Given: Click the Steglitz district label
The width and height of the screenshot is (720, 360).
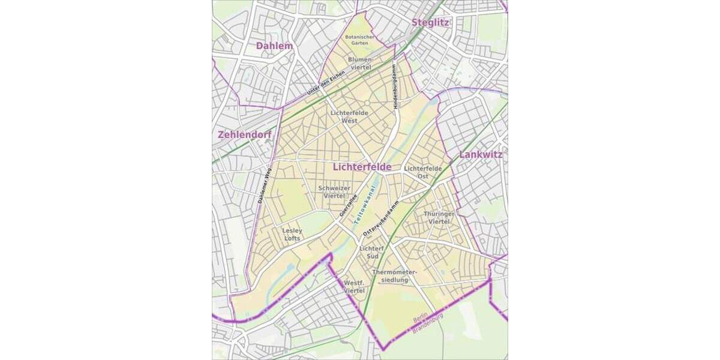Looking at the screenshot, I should (x=430, y=23).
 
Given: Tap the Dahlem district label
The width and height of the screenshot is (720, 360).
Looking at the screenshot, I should (x=274, y=46).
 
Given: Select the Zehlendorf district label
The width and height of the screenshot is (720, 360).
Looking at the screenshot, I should (x=244, y=135).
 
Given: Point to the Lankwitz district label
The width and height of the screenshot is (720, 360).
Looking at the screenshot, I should (x=481, y=155).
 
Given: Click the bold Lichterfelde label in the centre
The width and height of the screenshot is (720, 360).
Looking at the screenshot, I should (x=362, y=167).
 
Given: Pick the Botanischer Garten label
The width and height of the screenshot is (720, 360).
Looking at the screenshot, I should (x=359, y=40).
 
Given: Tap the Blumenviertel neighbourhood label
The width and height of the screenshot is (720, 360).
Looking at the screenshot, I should (x=361, y=64).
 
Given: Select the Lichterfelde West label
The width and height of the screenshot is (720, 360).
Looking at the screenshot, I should (x=349, y=116).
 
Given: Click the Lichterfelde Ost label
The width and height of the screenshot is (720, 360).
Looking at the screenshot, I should (x=423, y=172).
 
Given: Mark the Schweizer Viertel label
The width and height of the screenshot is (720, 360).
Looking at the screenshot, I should (x=334, y=192).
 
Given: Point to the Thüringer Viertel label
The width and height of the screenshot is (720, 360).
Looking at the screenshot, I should (x=439, y=218).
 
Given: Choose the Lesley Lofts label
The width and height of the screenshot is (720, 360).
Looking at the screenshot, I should (x=291, y=234).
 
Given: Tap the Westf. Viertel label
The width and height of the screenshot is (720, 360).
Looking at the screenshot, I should (x=354, y=286).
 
